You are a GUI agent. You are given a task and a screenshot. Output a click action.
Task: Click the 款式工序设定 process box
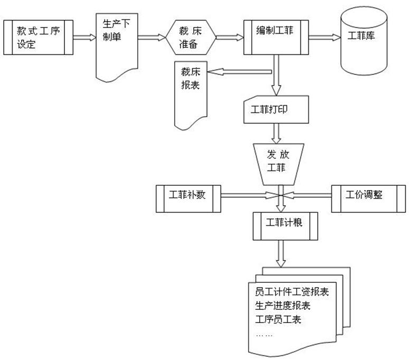[x=37, y=37]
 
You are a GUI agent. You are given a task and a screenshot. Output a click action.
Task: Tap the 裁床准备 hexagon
[x=191, y=37]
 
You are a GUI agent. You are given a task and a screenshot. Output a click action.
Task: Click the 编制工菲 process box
[x=275, y=37]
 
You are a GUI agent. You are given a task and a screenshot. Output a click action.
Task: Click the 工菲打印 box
[x=275, y=109]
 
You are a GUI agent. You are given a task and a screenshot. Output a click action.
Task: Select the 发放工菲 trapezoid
[x=275, y=162]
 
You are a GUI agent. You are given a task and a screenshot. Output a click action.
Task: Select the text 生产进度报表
[x=282, y=306]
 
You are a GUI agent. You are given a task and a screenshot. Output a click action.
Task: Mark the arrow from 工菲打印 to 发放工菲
[x=275, y=132]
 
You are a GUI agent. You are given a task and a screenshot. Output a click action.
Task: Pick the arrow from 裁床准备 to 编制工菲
[x=229, y=37]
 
